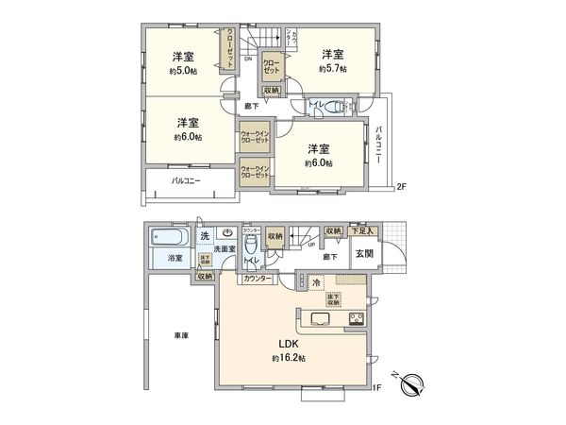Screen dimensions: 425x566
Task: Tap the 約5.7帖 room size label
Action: pos(332,69)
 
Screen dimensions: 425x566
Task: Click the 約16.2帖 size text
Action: pos(289,358)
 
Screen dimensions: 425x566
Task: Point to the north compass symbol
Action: pos(414,385)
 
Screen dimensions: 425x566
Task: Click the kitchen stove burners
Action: pos(357,318)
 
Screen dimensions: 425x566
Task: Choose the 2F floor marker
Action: pos(400,185)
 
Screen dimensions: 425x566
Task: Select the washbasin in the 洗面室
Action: pos(227,234)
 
